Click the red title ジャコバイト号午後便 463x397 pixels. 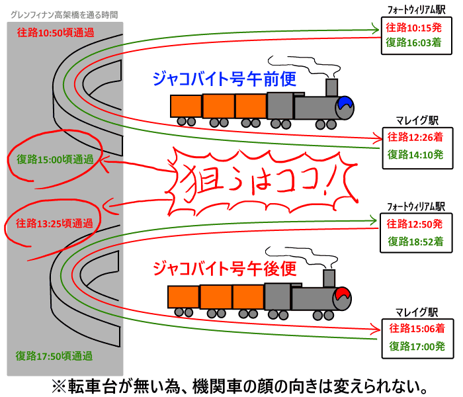pos(222,269)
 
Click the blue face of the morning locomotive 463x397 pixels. pos(345,105)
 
